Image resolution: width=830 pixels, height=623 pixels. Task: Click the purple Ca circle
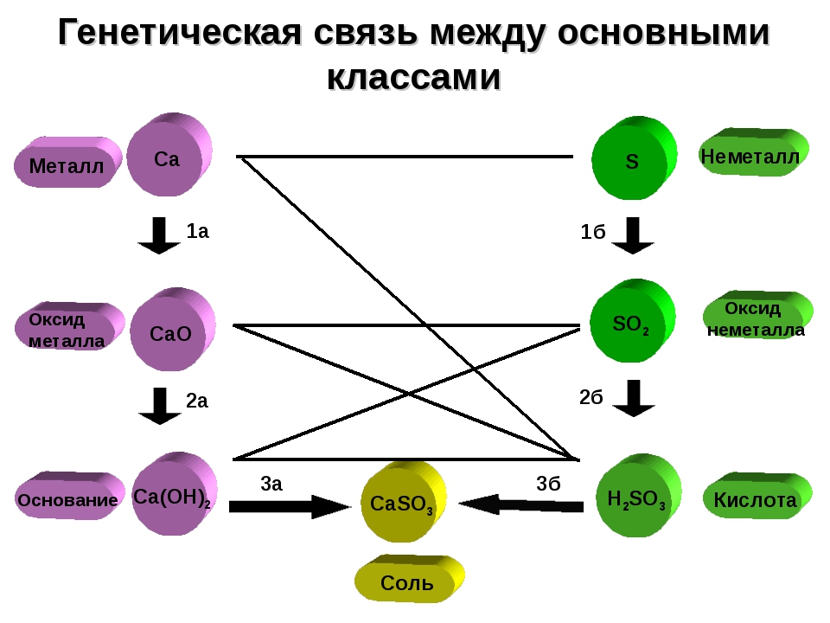167,159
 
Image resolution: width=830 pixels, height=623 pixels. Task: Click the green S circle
631,162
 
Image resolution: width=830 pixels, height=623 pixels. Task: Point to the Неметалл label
750,157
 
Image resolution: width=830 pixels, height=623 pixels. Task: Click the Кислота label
755,500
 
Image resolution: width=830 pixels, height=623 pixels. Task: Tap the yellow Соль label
406,582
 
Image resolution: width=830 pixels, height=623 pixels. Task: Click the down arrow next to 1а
159,235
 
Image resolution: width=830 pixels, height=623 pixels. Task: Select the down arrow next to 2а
159,406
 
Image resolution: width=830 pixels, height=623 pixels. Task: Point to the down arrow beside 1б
633,235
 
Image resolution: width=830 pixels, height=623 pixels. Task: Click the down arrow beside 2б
634,398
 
